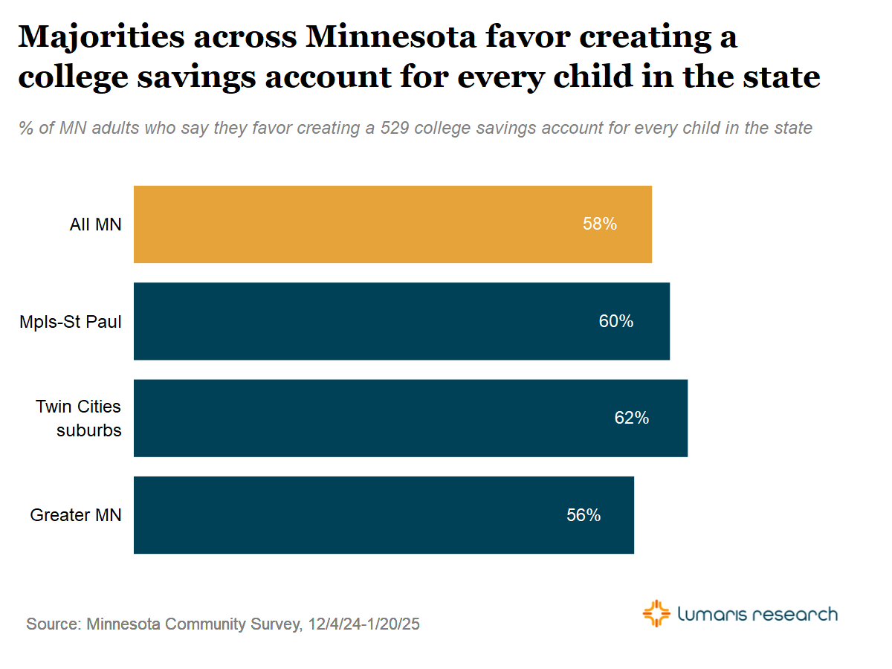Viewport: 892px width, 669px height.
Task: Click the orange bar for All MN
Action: click(392, 224)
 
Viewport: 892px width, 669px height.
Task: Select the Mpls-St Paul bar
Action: click(401, 321)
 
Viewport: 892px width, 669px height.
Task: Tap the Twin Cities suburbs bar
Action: click(410, 418)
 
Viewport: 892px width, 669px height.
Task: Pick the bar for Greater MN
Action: click(384, 514)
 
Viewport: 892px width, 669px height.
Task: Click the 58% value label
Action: click(600, 224)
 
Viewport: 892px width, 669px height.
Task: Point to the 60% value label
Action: click(616, 321)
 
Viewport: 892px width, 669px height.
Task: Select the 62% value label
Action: click(632, 418)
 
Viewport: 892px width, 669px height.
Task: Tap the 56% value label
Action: click(584, 514)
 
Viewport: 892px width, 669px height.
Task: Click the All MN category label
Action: click(95, 224)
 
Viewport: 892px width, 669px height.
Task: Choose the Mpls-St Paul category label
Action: click(71, 322)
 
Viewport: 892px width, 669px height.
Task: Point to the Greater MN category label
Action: click(76, 515)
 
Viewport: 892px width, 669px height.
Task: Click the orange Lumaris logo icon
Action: click(656, 614)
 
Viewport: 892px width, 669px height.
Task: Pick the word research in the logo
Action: click(795, 615)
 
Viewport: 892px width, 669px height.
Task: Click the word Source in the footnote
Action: click(53, 624)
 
